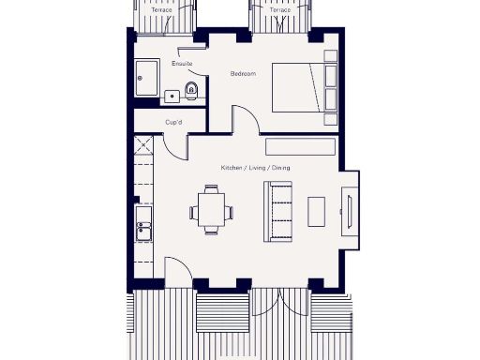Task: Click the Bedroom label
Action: point(244,72)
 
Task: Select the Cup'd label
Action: point(173,122)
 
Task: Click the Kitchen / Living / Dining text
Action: point(255,167)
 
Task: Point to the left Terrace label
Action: point(149,10)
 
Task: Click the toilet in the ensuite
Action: point(192,91)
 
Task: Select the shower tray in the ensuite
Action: point(148,79)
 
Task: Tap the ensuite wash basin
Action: point(172,96)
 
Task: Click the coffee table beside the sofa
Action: point(318,212)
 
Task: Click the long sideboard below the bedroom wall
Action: point(300,146)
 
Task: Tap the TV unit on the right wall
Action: point(347,212)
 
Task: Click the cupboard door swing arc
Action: point(177,143)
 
